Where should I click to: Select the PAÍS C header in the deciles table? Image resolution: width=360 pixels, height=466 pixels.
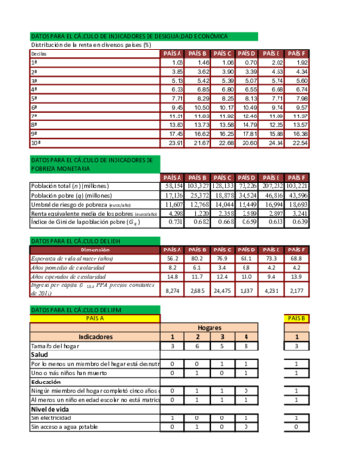[x=223, y=52]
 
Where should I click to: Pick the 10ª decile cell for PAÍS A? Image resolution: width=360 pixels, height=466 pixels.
[x=174, y=143]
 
